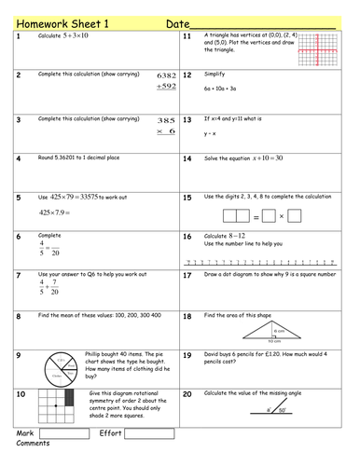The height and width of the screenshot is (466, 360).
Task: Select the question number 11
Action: tap(187, 36)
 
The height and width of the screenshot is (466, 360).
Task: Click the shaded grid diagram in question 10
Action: tap(46, 408)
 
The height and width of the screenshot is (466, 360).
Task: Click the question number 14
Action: tap(187, 159)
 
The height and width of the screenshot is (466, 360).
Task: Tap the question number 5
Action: tap(19, 198)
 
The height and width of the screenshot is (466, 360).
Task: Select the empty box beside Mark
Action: tap(63, 433)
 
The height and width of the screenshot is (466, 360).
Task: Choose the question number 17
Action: tap(187, 276)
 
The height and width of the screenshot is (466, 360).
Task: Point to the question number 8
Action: tap(19, 316)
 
